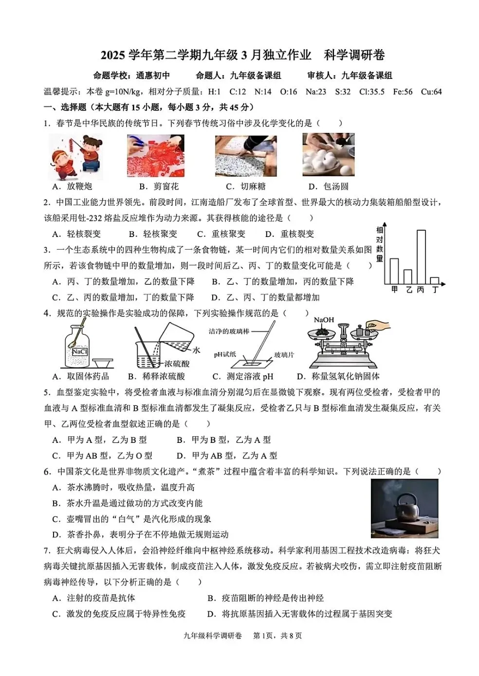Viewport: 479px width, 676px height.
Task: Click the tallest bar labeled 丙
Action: point(421,257)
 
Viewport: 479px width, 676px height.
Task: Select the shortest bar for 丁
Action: point(434,281)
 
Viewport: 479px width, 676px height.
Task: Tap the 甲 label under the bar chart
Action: point(394,290)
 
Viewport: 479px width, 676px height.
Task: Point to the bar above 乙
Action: point(408,276)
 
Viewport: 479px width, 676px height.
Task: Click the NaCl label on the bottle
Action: point(79,351)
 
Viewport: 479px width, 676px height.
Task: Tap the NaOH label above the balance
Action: point(324,320)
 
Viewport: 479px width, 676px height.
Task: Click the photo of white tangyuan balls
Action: point(328,155)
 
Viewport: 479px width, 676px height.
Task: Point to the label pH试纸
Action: point(225,354)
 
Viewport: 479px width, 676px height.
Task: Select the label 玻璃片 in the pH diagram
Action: point(284,355)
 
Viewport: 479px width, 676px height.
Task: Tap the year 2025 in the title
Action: point(113,55)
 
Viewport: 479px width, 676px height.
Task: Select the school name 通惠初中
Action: point(153,75)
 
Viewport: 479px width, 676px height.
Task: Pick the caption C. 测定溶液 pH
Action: point(243,376)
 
